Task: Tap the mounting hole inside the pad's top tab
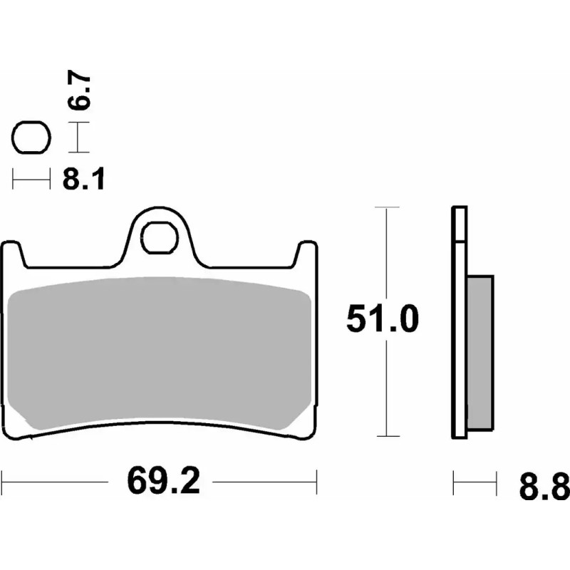coord(160,238)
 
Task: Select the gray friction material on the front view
coord(160,353)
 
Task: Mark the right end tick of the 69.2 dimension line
coord(316,482)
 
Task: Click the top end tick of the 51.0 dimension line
coord(385,207)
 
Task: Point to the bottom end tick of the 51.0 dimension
coord(385,436)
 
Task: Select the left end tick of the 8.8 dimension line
coord(454,482)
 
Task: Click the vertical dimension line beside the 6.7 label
coord(78,137)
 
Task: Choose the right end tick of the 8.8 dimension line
coord(496,482)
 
